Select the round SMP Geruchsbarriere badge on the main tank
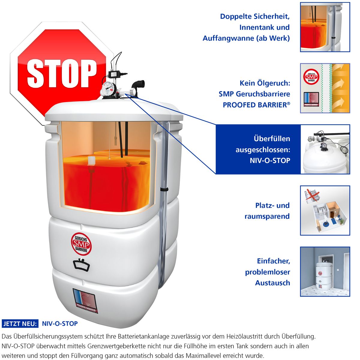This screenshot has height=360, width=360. coord(81,244)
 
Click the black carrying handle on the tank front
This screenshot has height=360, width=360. coord(81,264)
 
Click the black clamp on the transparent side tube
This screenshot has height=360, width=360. coord(164,189)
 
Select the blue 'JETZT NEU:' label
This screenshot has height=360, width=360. coord(20,324)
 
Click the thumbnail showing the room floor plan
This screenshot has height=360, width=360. coord(325,210)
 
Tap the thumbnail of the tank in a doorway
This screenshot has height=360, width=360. coord(325,271)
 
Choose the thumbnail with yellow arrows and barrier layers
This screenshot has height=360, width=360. coord(325,88)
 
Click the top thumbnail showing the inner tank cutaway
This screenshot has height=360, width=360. coord(325,27)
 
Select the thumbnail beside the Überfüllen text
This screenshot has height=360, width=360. coord(325,149)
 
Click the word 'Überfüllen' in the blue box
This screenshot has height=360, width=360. coord(272,139)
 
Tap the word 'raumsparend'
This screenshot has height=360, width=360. coord(267,216)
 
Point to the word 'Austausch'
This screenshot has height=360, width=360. coord(273,283)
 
